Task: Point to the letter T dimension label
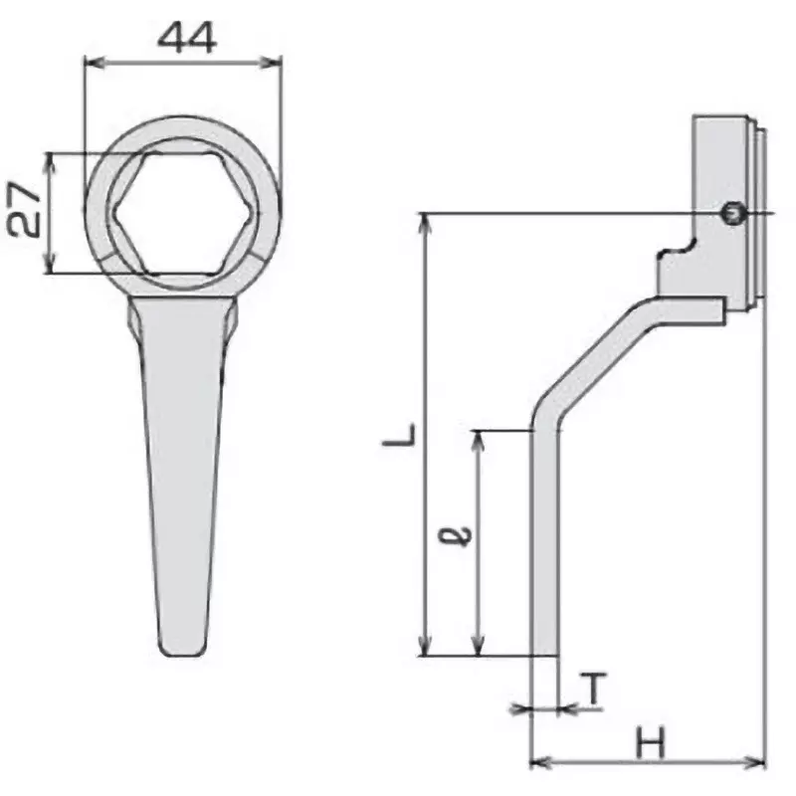pos(592,689)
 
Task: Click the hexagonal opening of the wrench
pos(182,213)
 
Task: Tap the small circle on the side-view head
pos(732,213)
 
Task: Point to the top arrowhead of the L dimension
pos(427,220)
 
